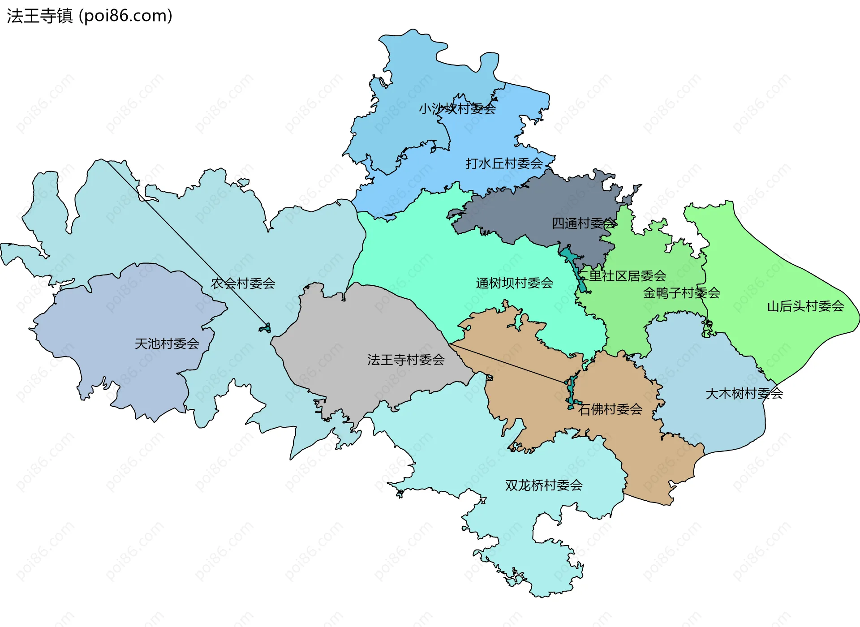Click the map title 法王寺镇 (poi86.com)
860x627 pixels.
(x=90, y=16)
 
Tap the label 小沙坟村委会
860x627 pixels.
(x=457, y=108)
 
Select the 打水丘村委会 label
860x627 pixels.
(x=504, y=163)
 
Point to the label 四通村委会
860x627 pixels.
(x=584, y=223)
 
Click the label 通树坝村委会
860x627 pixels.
(x=514, y=283)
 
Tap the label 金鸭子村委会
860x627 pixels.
(x=681, y=293)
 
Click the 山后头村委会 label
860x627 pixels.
(x=805, y=306)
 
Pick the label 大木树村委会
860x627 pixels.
(x=744, y=394)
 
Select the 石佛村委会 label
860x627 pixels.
(x=610, y=409)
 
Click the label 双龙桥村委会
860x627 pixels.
(x=544, y=485)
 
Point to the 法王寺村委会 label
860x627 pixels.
(x=406, y=360)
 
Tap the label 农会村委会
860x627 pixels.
(x=243, y=283)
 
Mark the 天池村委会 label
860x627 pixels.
(x=167, y=344)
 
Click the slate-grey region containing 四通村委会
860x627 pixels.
(x=537, y=206)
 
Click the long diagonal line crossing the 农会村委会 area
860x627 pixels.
(x=188, y=244)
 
